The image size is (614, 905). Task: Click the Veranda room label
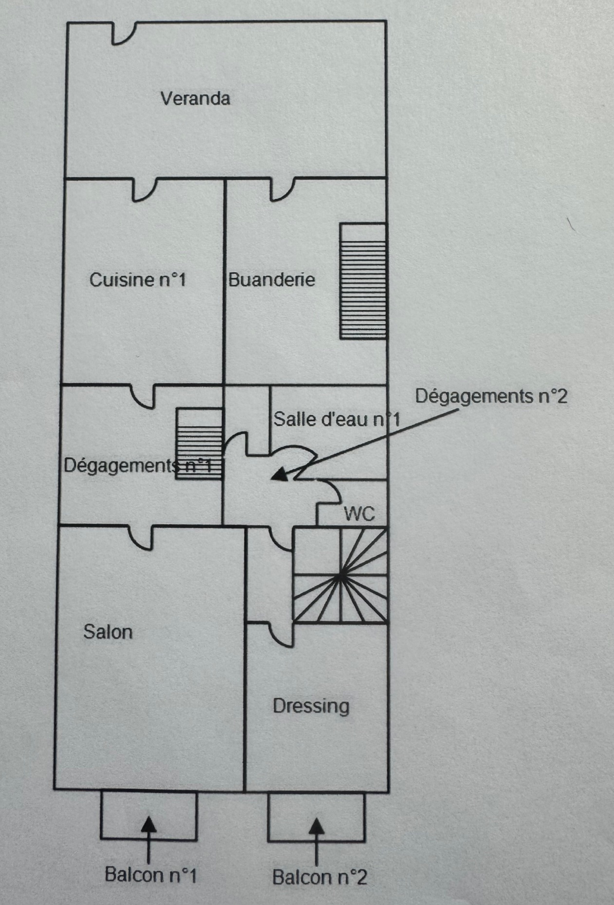coord(195,98)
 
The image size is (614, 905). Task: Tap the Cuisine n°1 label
coord(138,280)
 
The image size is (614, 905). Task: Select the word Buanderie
coord(272,280)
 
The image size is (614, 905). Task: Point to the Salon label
coord(108,632)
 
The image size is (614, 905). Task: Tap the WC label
coord(360,514)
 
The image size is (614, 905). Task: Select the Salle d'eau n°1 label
coord(337,419)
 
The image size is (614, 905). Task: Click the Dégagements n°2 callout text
coord(491,396)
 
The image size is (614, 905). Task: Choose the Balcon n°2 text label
coord(319,877)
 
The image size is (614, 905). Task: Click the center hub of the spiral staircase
coord(341,576)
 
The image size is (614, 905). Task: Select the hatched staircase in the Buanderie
coord(363,281)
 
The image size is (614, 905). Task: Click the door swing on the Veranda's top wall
coord(124,33)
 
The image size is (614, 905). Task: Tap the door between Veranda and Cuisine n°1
coord(144,190)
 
